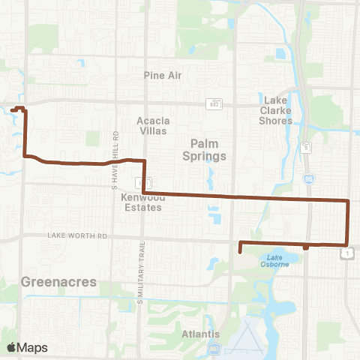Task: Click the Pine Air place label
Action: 163,76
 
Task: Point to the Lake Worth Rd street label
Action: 78,235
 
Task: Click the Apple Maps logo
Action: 27,347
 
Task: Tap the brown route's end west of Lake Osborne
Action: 238,251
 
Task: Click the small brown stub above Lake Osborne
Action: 306,247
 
